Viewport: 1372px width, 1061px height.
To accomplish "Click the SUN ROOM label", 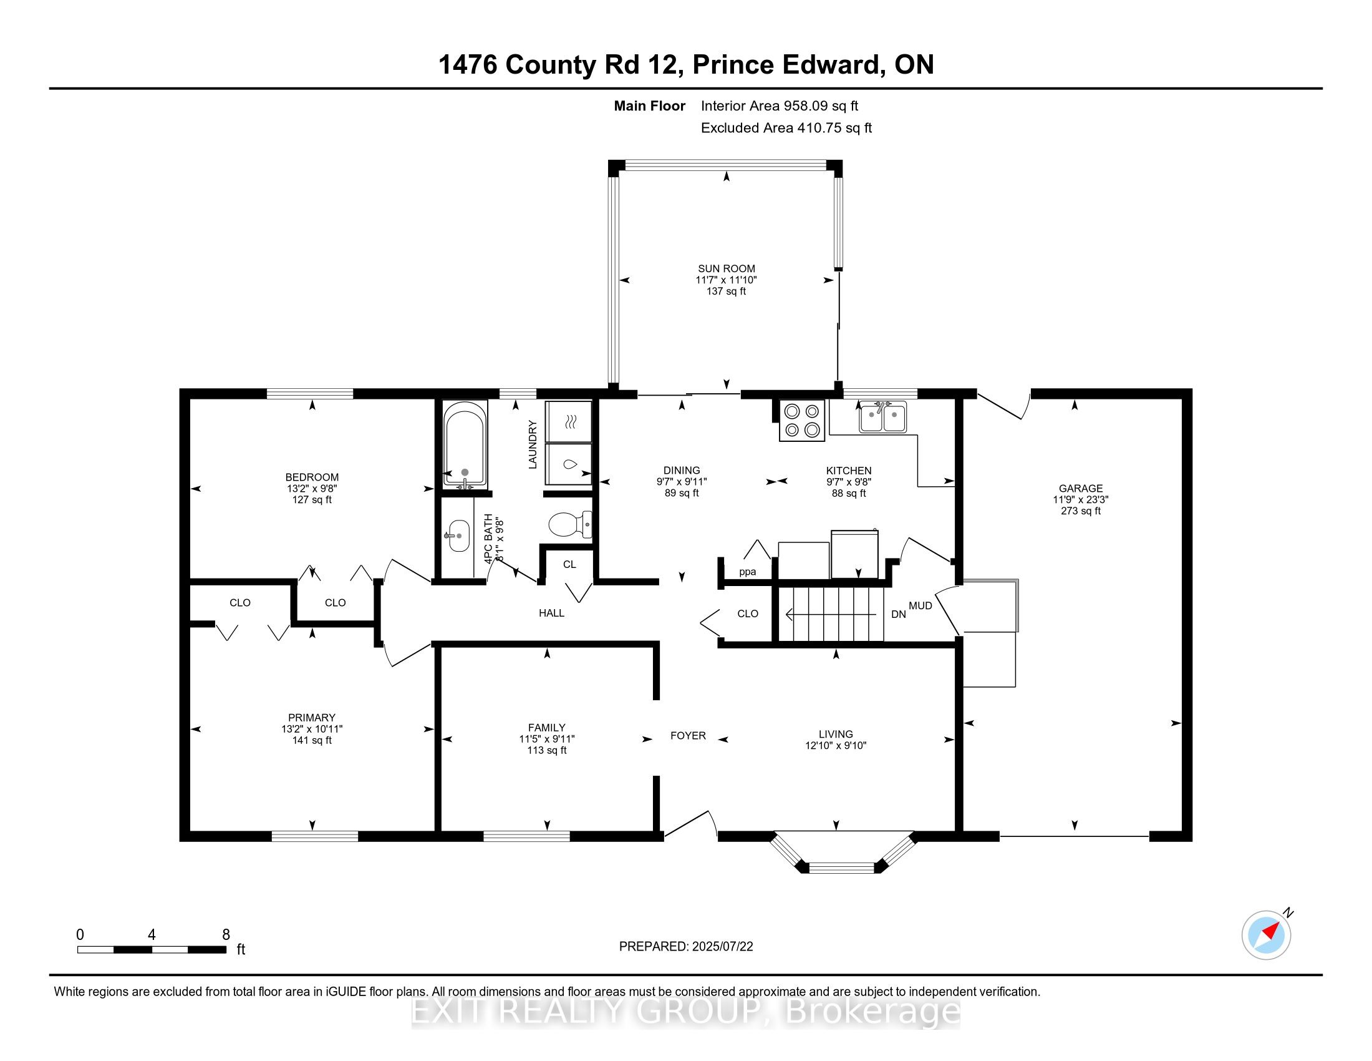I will click(726, 268).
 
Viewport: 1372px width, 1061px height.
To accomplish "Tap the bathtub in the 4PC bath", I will click(464, 446).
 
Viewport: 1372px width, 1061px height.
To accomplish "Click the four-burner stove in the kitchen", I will click(802, 421).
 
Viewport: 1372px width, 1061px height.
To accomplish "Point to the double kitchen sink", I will click(882, 417).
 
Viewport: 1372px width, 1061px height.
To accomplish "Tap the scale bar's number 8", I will click(226, 935).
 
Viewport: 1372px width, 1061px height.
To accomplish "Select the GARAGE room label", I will click(1081, 489).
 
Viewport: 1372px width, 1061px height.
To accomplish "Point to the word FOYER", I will click(688, 735).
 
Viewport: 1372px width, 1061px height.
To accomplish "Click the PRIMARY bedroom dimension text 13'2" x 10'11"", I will click(312, 729).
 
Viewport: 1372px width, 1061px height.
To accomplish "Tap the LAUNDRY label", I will click(533, 444).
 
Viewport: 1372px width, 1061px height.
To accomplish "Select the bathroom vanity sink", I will click(458, 535).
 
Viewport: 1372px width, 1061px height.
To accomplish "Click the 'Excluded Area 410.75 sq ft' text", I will click(786, 128).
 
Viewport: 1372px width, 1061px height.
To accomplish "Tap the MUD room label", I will click(920, 605).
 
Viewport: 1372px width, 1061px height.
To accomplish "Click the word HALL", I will click(551, 613).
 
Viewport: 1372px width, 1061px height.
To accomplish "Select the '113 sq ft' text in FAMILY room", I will click(546, 750).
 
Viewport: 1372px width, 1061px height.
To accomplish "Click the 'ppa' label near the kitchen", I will click(747, 572).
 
